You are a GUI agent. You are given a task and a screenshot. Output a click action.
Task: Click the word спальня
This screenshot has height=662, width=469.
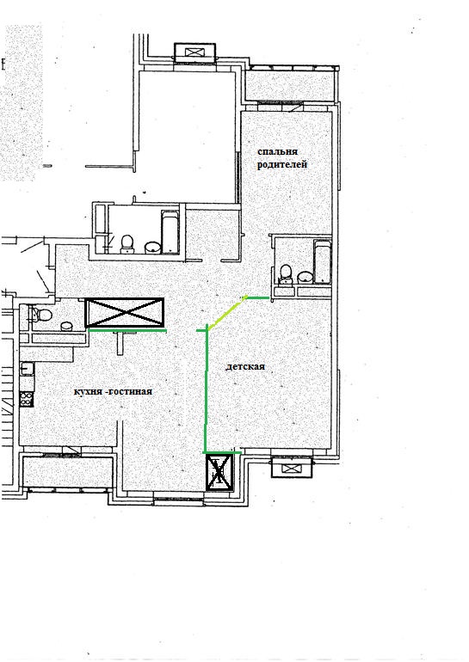point(278,151)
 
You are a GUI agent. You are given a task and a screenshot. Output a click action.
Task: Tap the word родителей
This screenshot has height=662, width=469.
point(282,164)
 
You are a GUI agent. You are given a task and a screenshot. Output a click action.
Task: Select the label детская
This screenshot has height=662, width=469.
point(245,366)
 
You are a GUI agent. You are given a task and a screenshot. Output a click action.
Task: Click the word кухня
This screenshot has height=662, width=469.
point(87,392)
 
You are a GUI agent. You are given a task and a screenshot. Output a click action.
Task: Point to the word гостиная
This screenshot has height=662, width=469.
point(128,391)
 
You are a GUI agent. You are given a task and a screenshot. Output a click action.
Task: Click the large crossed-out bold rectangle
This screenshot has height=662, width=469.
point(125,312)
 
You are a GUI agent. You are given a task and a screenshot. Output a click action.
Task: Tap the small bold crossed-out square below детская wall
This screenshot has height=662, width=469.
point(219,472)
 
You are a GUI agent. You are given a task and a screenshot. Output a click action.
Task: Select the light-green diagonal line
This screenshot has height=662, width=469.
point(227,312)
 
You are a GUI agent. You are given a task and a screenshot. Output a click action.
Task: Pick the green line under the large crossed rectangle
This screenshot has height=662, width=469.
point(127,331)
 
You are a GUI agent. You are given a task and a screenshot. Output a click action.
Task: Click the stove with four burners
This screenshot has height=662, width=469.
point(26,399)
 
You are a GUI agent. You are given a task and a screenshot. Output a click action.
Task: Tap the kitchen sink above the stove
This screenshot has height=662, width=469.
point(28,369)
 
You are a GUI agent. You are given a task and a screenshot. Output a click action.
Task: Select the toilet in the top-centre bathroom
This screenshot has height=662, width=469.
point(127,244)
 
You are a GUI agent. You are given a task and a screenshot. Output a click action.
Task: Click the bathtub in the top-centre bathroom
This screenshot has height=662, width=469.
point(170,232)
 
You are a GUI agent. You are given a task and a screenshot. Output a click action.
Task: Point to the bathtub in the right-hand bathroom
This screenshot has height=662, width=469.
point(323,261)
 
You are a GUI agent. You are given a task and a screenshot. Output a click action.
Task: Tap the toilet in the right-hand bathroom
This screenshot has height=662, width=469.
point(286,273)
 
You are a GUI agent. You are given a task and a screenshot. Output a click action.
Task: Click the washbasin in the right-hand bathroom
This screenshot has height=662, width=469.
point(305,277)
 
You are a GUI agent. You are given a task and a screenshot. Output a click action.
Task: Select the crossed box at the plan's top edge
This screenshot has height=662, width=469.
point(194,52)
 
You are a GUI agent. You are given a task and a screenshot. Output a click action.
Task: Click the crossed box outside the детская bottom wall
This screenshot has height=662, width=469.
point(291,468)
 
